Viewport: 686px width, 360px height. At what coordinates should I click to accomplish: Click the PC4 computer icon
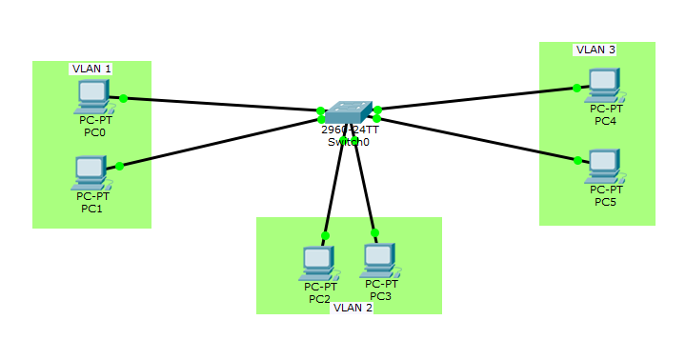(x=604, y=86)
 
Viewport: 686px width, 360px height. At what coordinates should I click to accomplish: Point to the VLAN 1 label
(x=91, y=69)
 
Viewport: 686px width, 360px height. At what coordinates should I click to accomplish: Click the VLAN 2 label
(x=353, y=308)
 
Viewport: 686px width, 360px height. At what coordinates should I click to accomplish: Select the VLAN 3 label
(x=595, y=50)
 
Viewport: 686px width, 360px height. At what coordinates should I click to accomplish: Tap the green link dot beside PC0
(x=124, y=98)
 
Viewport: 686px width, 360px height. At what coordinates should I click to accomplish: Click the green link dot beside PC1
(x=119, y=166)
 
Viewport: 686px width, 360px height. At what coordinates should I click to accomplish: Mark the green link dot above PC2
(x=325, y=235)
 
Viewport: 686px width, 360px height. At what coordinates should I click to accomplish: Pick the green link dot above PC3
(x=374, y=232)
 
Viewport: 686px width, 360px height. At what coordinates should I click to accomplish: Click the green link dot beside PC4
(x=576, y=88)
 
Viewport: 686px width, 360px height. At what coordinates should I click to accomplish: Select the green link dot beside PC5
(x=577, y=160)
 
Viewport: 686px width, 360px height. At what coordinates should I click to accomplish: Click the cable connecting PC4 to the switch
(x=476, y=99)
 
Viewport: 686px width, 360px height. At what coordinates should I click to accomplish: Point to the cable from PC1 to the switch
(x=219, y=140)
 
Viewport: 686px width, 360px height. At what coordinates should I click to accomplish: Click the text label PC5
(x=605, y=202)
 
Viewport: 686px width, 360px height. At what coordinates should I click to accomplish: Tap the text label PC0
(x=94, y=132)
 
